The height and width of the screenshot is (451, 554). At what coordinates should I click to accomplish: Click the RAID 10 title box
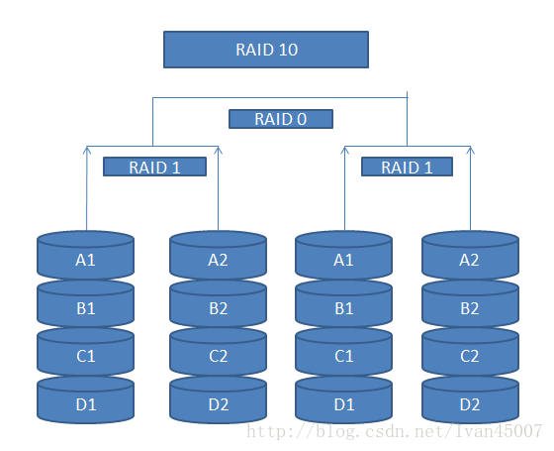click(x=266, y=50)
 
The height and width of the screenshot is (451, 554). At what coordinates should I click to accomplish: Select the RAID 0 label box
click(x=281, y=119)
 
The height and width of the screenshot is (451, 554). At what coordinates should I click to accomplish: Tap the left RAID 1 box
click(x=154, y=167)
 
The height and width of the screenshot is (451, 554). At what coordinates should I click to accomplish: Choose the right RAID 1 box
click(x=407, y=167)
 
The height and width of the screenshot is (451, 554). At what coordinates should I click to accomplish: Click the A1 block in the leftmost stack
click(x=85, y=256)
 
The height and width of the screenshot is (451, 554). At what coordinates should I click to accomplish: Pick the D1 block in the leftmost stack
click(x=85, y=400)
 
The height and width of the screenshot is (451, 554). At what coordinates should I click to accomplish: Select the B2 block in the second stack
click(x=218, y=303)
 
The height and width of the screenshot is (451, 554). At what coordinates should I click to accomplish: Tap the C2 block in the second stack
click(x=218, y=352)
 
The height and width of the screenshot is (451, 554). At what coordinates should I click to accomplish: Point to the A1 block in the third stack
click(x=344, y=256)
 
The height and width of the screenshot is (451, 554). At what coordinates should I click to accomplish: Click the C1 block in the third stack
click(x=344, y=352)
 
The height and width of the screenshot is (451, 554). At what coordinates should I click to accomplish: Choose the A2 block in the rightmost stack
click(x=470, y=256)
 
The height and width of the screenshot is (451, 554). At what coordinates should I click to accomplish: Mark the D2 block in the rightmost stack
click(x=470, y=400)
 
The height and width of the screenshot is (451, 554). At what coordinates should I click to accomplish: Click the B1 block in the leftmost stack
click(x=85, y=303)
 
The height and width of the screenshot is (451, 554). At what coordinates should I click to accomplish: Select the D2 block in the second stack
click(x=218, y=400)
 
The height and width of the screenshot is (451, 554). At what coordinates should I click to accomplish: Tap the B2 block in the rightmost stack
click(x=470, y=303)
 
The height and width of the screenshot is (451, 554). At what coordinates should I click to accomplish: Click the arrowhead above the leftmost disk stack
click(x=87, y=150)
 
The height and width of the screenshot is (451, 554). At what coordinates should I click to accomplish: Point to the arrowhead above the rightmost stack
click(x=470, y=150)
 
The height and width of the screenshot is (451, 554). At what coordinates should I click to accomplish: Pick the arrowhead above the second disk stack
click(x=219, y=150)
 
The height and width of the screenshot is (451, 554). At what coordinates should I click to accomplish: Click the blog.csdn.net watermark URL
click(x=395, y=431)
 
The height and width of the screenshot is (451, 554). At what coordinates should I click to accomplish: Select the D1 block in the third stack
click(x=344, y=400)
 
